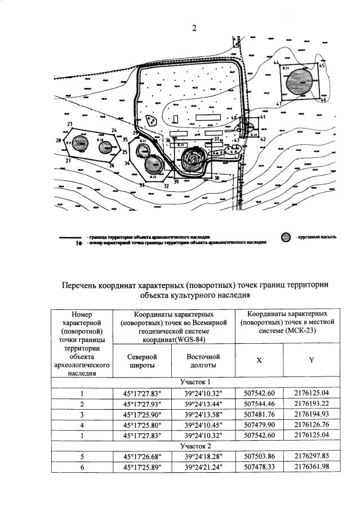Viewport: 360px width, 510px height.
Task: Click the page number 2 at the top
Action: (x=194, y=29)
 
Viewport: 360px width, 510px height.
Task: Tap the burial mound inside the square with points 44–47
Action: (x=305, y=77)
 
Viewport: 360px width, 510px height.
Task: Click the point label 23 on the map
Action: (x=69, y=124)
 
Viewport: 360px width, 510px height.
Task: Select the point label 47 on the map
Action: (x=279, y=104)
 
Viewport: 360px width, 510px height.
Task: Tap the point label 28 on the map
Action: (x=58, y=140)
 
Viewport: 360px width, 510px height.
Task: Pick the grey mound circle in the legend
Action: (x=287, y=237)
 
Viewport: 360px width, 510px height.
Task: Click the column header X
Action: (x=259, y=360)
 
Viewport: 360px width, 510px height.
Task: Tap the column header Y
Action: (x=311, y=360)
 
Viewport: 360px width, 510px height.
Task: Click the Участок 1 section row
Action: (x=193, y=382)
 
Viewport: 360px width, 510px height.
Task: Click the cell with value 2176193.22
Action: (x=311, y=404)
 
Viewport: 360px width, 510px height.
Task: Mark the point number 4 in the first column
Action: (x=82, y=425)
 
